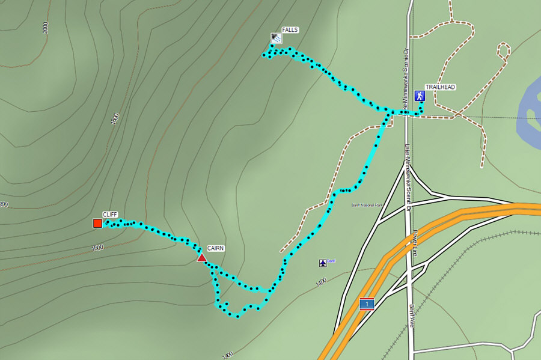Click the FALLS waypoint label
click(290, 29)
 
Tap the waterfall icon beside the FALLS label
click(275, 37)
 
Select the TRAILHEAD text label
click(440, 87)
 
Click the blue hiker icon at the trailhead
click(419, 96)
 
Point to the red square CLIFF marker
click(97, 224)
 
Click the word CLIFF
click(109, 215)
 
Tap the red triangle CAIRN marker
click(202, 258)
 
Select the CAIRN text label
click(216, 248)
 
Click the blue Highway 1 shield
click(366, 304)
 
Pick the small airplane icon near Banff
click(323, 263)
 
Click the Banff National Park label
click(367, 205)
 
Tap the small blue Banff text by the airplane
click(331, 260)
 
